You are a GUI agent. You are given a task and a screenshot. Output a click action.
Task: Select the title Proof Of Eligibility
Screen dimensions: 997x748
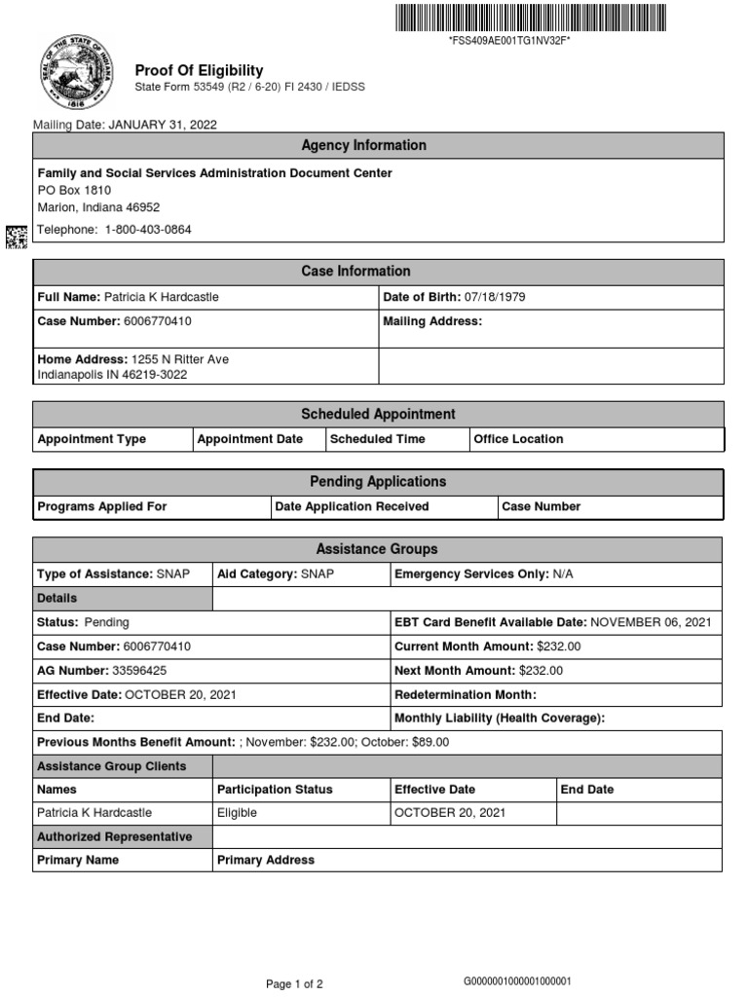[199, 70]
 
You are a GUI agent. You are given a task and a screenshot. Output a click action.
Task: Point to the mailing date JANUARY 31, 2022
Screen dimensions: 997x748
[162, 125]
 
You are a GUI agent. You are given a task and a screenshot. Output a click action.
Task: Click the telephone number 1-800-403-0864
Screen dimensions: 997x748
[148, 230]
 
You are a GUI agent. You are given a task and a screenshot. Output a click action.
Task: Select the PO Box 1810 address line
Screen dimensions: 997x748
[74, 191]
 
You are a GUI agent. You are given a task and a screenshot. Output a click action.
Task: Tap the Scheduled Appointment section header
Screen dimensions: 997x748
[378, 414]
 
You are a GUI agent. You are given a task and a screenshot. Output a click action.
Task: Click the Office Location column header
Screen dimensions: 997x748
[518, 439]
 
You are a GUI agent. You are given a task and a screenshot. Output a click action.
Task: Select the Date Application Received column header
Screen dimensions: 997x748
[352, 506]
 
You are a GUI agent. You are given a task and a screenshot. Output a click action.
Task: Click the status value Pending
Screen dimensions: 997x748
[106, 622]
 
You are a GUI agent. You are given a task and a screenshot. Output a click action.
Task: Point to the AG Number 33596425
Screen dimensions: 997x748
[138, 671]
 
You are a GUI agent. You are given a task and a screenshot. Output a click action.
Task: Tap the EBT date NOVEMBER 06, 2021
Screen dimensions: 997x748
[651, 622]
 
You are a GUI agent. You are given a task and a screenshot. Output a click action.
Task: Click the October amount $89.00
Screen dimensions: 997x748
[429, 742]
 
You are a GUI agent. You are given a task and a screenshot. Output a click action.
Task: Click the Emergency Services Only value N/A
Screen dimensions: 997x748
[563, 574]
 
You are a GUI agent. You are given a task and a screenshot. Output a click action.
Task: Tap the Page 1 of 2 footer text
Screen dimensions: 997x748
[294, 984]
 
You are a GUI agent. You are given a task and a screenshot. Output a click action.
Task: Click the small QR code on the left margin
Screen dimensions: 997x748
[17, 235]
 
